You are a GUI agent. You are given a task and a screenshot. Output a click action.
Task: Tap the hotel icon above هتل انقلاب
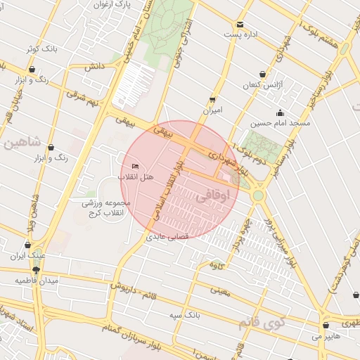point(136,166)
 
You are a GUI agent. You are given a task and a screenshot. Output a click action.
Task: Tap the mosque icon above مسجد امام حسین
point(281,112)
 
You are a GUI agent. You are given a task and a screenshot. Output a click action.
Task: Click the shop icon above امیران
point(212,99)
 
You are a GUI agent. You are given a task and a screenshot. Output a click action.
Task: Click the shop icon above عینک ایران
point(27,246)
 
